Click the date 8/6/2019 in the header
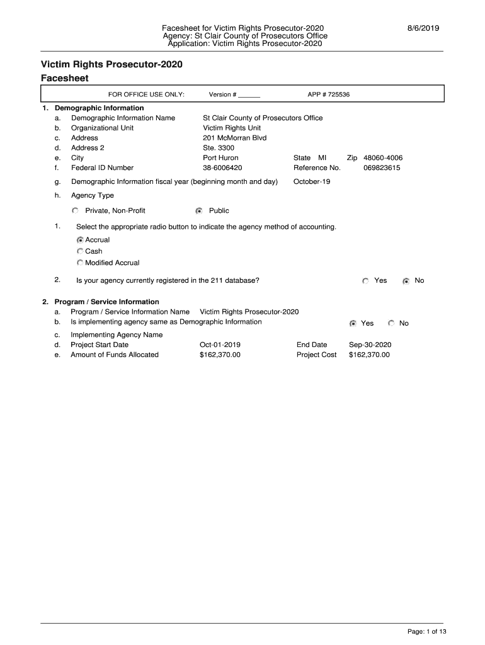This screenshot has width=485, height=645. (x=421, y=28)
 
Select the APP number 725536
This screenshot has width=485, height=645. (x=328, y=94)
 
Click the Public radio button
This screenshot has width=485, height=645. (x=199, y=210)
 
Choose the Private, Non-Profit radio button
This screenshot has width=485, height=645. (x=76, y=210)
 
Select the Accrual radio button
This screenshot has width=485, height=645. (x=80, y=240)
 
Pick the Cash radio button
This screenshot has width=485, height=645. (x=80, y=251)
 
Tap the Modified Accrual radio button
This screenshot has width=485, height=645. (x=80, y=263)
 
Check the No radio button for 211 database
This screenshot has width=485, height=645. (x=406, y=281)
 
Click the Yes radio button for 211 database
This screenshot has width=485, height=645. (x=365, y=281)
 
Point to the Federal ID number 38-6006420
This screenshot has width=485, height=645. (x=222, y=168)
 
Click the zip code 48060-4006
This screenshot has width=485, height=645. (x=383, y=158)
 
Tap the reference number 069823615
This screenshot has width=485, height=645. (x=382, y=168)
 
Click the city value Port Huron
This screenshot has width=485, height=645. (x=220, y=158)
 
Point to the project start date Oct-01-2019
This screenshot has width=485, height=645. (x=220, y=345)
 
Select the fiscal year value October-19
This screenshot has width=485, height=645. (x=312, y=182)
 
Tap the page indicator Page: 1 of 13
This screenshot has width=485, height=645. (x=427, y=632)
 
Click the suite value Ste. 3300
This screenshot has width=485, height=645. (x=218, y=148)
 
